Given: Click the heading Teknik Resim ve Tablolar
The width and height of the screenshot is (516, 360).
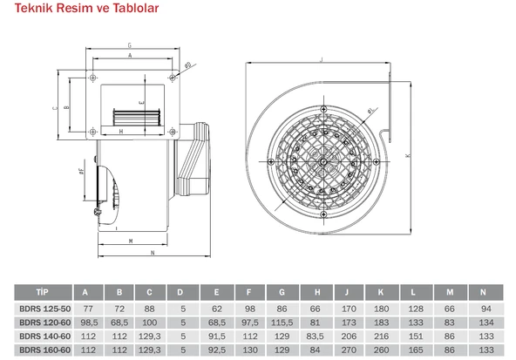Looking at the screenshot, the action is point(86,8).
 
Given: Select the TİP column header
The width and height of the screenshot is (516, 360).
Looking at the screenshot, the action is point(43,292).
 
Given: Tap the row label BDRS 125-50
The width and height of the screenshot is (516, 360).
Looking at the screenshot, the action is point(45,309).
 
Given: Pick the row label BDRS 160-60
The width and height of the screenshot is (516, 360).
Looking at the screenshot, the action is point(45,350).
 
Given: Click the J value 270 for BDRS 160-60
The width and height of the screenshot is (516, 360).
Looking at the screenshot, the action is point(349,350).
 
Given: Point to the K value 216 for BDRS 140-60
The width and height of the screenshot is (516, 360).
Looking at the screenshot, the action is point(382,336).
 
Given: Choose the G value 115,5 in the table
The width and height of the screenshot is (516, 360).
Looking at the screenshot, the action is point(282,323).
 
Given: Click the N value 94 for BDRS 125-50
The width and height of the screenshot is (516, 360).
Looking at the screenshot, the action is point(486,309).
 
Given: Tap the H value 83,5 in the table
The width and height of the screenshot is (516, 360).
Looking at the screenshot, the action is point(315,336).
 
